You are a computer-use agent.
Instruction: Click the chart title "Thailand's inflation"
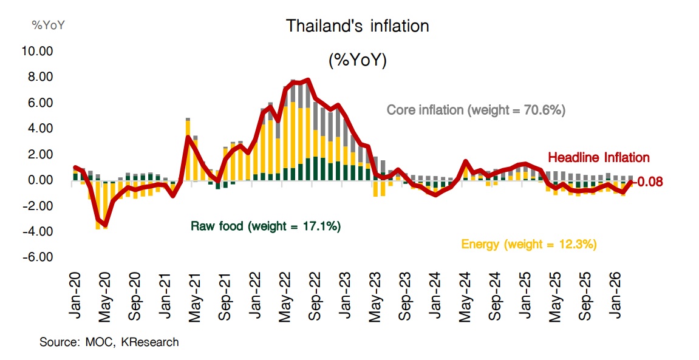click(x=357, y=26)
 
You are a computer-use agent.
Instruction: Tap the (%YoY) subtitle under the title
click(x=357, y=61)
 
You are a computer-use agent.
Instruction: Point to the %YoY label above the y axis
click(x=48, y=25)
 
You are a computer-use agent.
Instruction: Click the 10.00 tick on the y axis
click(x=37, y=52)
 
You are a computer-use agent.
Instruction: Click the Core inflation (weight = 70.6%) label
click(x=476, y=110)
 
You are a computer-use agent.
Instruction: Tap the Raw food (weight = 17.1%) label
click(x=266, y=226)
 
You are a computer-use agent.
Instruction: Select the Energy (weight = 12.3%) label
click(x=529, y=245)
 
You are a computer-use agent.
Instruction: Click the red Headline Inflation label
click(x=598, y=158)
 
